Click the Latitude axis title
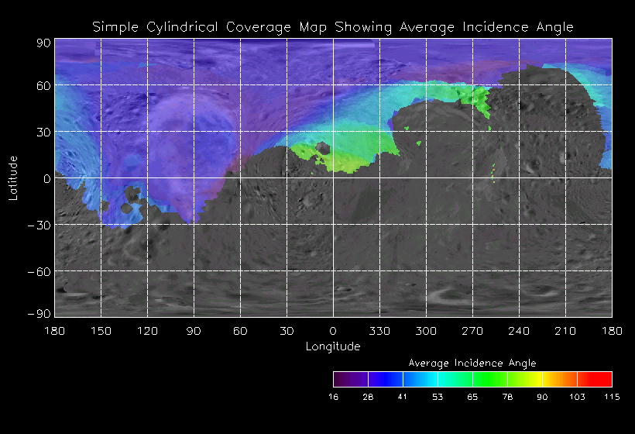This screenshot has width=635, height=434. pyautogui.click(x=12, y=177)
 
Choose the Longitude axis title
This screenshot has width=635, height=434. pyautogui.click(x=333, y=346)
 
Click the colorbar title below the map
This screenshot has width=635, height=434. pyautogui.click(x=472, y=363)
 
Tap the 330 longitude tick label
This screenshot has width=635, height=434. pyautogui.click(x=379, y=331)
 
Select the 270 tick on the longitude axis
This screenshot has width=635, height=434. pyautogui.click(x=472, y=331)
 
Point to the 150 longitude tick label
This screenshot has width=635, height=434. pyautogui.click(x=101, y=331)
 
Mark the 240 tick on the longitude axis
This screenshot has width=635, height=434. pyautogui.click(x=519, y=331)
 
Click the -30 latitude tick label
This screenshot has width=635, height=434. pyautogui.click(x=39, y=225)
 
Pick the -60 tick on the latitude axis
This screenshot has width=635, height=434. pyautogui.click(x=39, y=271)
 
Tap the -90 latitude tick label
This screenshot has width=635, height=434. pyautogui.click(x=39, y=313)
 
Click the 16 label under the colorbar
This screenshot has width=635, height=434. pyautogui.click(x=334, y=397)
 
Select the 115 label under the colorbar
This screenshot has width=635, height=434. pyautogui.click(x=612, y=397)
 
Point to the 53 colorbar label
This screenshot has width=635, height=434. pyautogui.click(x=438, y=397)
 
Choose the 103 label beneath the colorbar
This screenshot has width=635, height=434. pyautogui.click(x=577, y=397)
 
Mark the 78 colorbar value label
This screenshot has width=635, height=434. pyautogui.click(x=507, y=397)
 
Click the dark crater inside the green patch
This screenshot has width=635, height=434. pyautogui.click(x=323, y=150)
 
